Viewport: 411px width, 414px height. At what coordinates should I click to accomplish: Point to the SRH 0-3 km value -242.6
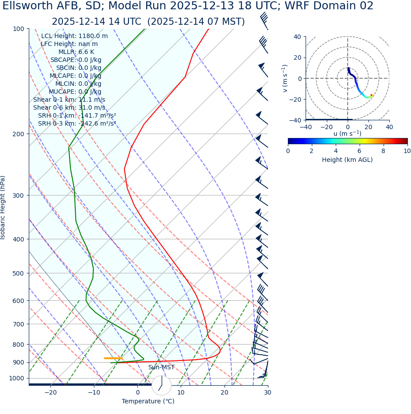coord(97,123)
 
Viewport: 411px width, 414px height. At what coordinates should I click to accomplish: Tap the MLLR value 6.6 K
coord(86,52)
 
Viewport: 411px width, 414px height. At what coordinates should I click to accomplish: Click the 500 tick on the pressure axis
coord(19,273)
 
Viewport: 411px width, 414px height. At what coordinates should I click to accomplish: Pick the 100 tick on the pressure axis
coord(19,29)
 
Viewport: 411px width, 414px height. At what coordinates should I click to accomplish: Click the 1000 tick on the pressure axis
coord(17,378)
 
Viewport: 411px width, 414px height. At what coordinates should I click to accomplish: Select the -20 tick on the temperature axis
coord(50,393)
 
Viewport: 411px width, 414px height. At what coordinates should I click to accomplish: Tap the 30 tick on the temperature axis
coord(268,393)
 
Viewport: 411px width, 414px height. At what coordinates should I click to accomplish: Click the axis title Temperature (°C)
coord(148,402)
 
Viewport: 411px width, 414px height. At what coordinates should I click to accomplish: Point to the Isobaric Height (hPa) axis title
coord(3,207)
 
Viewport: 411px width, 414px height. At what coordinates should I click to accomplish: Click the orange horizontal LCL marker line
coord(113,358)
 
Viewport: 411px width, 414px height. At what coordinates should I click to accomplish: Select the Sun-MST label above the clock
coord(161,368)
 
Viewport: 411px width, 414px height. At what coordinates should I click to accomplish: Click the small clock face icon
coord(161,385)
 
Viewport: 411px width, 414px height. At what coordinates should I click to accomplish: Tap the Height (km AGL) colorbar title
coord(347,160)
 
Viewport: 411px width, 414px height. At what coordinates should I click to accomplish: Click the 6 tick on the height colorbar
coord(360,151)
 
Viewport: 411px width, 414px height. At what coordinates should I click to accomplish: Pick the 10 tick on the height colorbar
coord(407,151)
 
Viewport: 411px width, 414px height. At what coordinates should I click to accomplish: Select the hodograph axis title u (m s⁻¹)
coord(347,134)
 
